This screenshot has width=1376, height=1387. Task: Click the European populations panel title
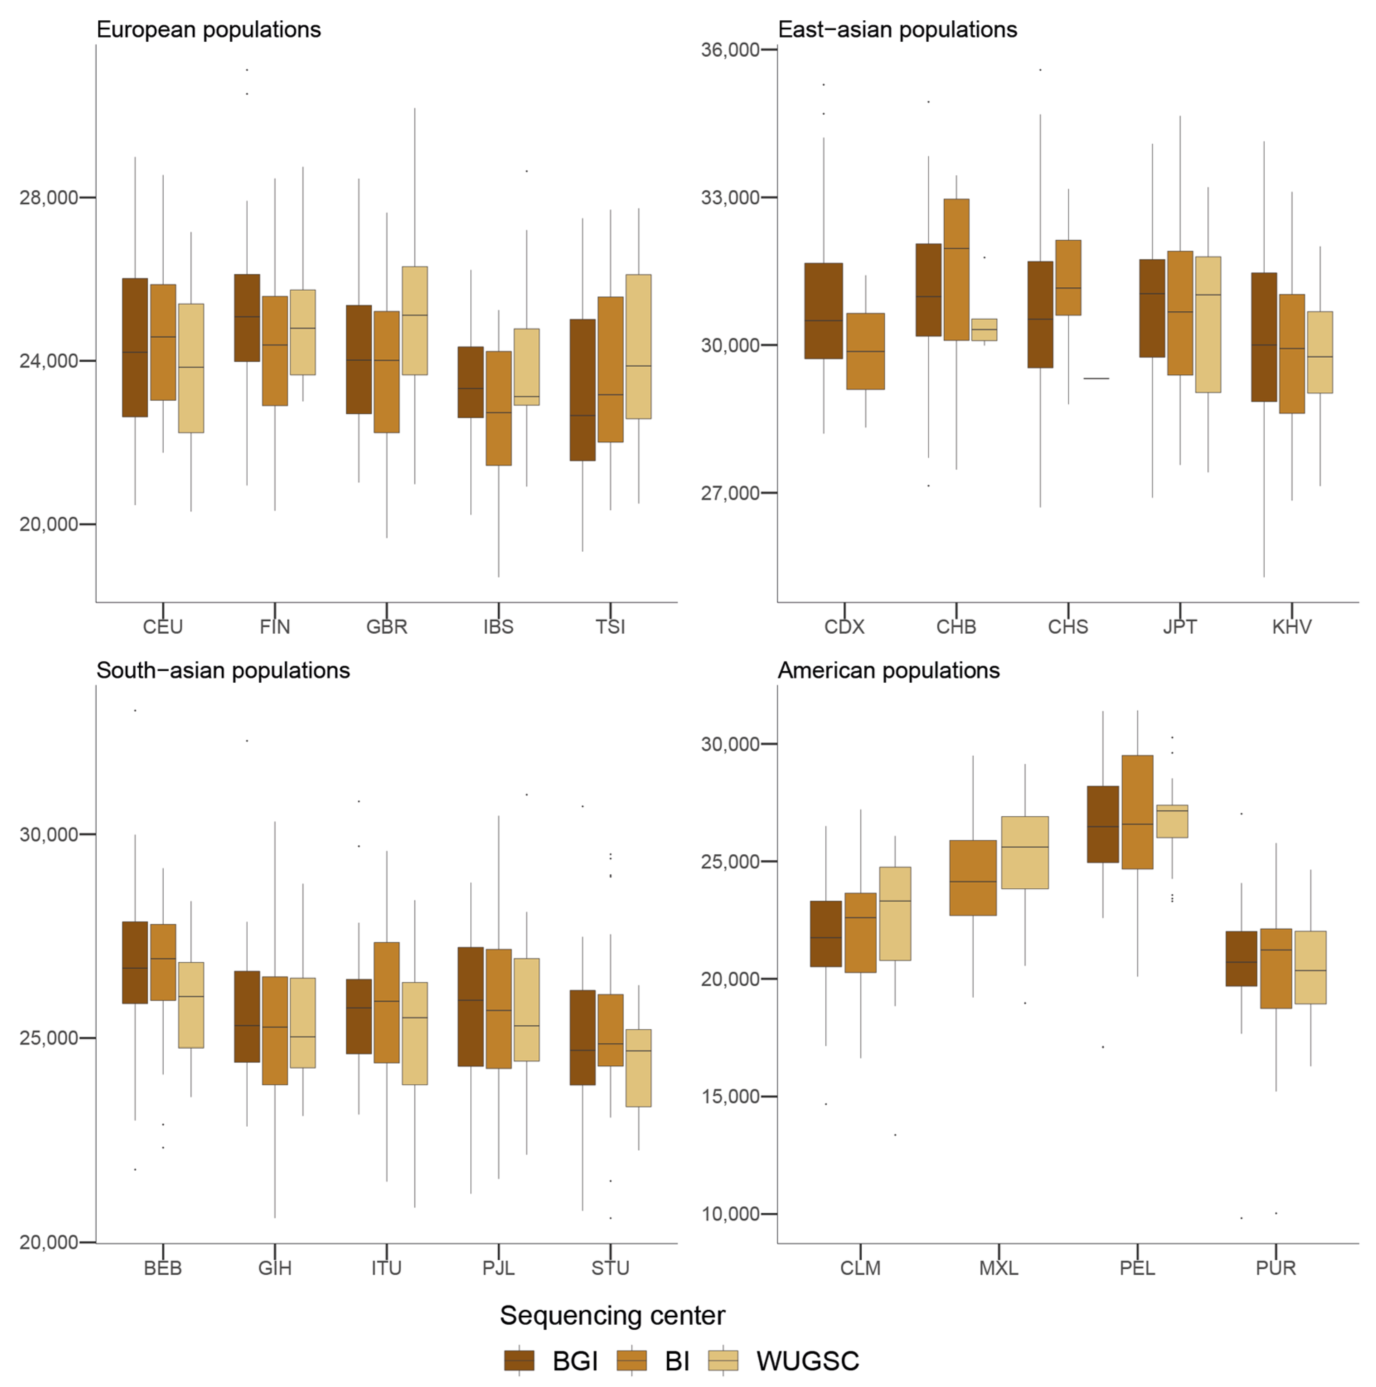(208, 29)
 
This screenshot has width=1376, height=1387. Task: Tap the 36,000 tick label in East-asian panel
(730, 50)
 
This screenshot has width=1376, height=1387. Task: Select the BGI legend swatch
(519, 1360)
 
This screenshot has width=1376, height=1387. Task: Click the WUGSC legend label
(807, 1360)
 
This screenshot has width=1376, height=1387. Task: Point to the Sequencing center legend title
(612, 1315)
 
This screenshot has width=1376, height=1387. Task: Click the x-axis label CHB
(956, 627)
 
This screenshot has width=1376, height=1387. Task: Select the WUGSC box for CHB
(984, 330)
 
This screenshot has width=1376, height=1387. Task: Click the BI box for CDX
(866, 351)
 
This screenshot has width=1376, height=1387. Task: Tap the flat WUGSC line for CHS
(1096, 378)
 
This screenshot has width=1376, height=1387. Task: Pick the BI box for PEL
(1137, 812)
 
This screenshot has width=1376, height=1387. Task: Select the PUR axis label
(1276, 1268)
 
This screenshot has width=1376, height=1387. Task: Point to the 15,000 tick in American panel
(730, 1096)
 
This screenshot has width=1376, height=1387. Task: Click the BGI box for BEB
(135, 962)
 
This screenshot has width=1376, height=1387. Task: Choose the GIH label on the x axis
(275, 1268)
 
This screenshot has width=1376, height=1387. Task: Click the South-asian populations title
(223, 671)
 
